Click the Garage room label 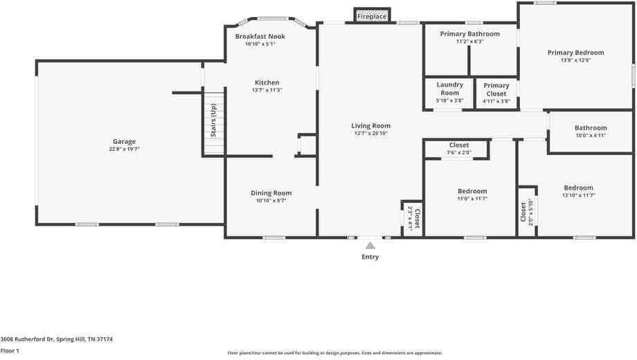point(125,142)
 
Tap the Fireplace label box point(372,16)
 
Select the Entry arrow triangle point(370,245)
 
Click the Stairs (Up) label point(213,120)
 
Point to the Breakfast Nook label point(260,37)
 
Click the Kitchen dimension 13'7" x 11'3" point(267,90)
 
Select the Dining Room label point(271,193)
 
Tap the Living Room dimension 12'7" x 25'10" point(370,134)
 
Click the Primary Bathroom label point(469,34)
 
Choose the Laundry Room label point(449,89)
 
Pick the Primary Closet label point(496,89)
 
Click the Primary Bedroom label point(575,53)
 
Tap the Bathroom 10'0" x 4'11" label point(591,128)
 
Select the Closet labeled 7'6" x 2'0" point(458,145)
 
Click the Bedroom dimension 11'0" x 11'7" point(472,199)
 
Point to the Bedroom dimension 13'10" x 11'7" point(578,195)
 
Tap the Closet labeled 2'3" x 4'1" point(413,218)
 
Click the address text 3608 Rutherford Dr point(27,339)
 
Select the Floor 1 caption point(10,351)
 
